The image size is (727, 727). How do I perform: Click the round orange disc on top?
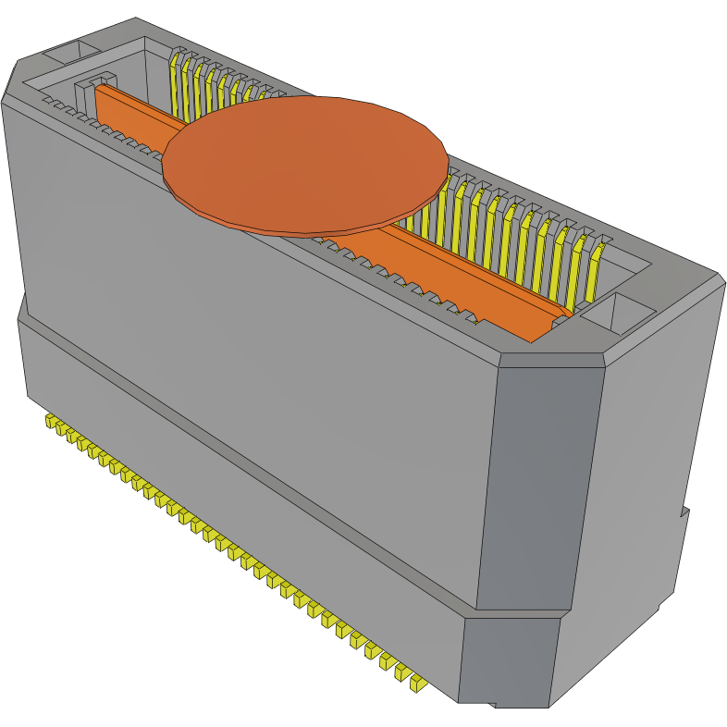tap(305, 162)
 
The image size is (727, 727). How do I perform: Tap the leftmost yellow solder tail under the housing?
tap(51, 422)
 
